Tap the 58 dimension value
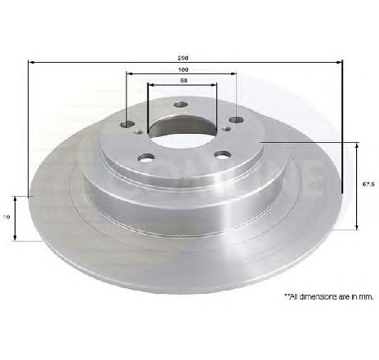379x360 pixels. pos(184,81)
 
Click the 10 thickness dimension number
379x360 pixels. pos(7,217)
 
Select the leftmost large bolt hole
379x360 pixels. pos(127,125)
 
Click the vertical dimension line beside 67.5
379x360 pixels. pos(358,184)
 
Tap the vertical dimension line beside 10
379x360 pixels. pos(15,217)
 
